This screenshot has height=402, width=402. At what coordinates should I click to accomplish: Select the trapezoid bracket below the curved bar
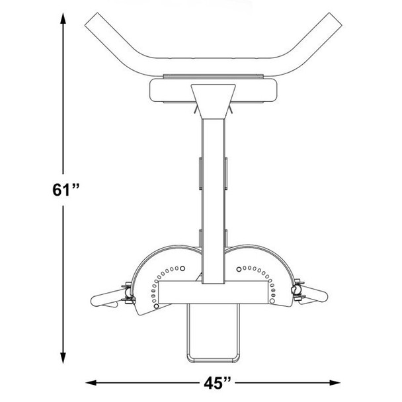(x=213, y=97)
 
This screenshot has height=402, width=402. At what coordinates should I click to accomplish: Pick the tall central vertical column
(x=213, y=192)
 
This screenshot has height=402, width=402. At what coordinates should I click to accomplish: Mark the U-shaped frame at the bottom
(x=213, y=337)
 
